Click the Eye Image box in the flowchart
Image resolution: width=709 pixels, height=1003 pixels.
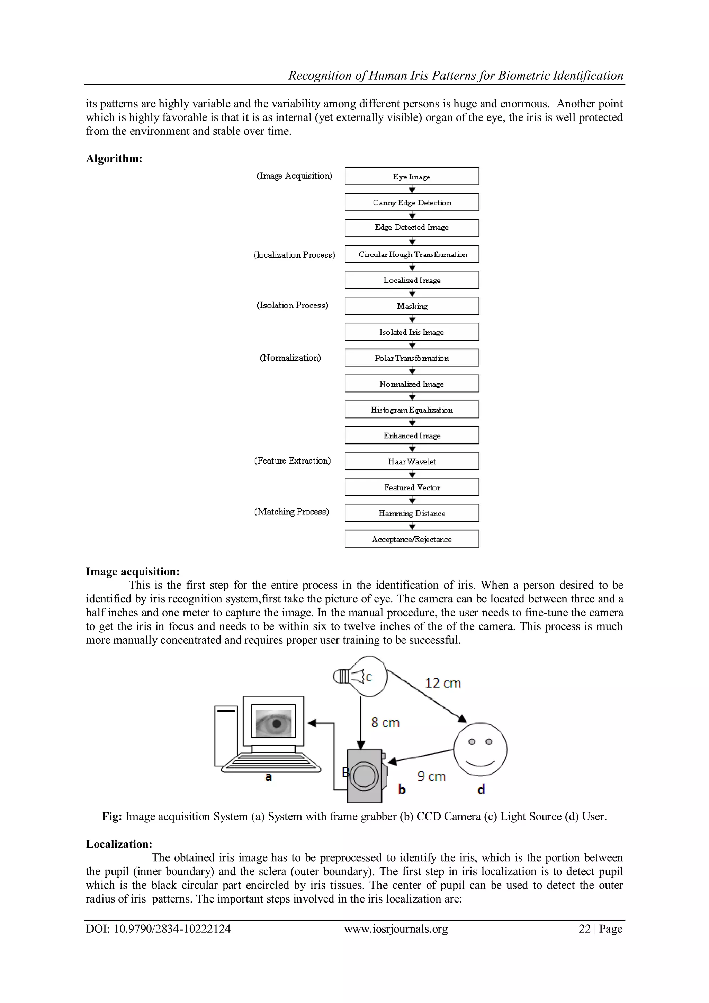(412, 176)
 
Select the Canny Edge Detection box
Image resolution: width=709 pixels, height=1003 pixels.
(412, 202)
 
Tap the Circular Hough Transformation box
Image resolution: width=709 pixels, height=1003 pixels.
(412, 254)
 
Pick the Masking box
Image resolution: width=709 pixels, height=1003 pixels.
(412, 306)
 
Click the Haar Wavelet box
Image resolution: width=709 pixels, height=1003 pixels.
(412, 461)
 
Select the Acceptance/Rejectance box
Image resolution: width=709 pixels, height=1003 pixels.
(412, 539)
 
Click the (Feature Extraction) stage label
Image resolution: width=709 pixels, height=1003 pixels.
(292, 460)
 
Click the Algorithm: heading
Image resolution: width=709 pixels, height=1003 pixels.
(114, 159)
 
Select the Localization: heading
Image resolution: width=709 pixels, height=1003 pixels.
(119, 844)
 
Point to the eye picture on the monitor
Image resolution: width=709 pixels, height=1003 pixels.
(274, 723)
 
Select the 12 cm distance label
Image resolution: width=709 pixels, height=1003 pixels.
(443, 683)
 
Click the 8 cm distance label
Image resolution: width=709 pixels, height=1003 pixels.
(385, 723)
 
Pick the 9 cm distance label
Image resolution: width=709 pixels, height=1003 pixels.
(431, 776)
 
